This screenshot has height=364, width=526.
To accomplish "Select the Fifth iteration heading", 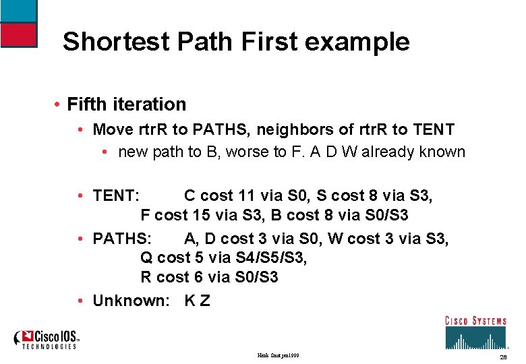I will (127, 104).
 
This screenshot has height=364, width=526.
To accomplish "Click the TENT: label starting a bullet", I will (116, 195).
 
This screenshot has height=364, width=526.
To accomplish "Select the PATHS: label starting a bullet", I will (123, 239).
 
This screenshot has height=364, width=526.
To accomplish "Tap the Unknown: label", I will (131, 301).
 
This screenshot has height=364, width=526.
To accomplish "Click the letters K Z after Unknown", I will (197, 301).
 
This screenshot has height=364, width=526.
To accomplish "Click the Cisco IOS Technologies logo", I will (48, 339).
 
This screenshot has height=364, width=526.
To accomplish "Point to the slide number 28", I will (502, 356).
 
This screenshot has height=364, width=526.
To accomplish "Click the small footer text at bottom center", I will (279, 355).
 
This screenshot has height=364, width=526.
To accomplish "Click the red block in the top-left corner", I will (18, 34).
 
